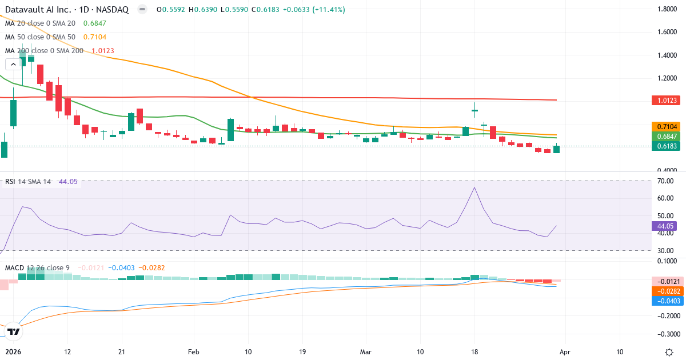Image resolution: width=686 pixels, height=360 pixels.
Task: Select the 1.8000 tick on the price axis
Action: pos(668,9)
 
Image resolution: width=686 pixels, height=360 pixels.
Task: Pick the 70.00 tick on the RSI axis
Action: pos(666,181)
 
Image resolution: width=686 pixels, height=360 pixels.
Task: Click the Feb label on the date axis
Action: pos(194,351)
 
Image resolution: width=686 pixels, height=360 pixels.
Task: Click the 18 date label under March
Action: pos(474,351)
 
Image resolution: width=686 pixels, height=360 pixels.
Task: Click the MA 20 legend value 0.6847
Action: pos(94,23)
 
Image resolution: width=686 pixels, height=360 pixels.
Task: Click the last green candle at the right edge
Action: pos(556,149)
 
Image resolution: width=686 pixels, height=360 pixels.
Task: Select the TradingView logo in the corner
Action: pos(14,331)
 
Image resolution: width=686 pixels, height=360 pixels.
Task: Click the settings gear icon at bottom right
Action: pos(669,351)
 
